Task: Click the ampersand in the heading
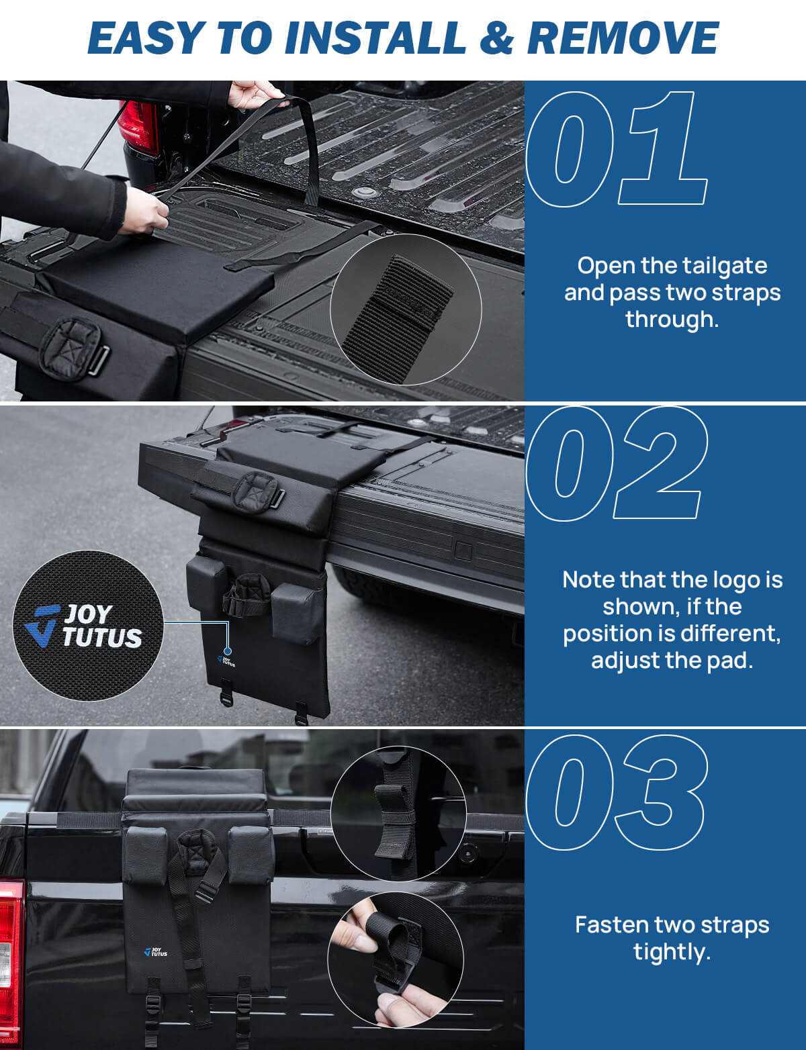[496, 38]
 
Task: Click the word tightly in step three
[672, 951]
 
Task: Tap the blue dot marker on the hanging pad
[228, 651]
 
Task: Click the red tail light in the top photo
[138, 128]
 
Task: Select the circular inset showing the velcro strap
[405, 309]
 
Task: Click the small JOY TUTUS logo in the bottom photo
[155, 951]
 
